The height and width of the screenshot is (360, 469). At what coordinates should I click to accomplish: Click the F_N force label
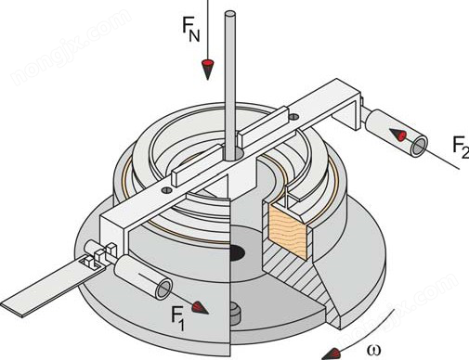coord(191,28)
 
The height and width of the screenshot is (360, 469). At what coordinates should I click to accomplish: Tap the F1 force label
coord(178,319)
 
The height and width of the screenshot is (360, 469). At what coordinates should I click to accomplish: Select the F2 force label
coord(461,148)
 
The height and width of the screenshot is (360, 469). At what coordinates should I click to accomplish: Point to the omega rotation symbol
coord(374,351)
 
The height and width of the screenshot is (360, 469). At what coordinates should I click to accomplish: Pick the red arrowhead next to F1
coord(200,308)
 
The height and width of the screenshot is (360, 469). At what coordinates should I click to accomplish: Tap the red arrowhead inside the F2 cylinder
coord(397,135)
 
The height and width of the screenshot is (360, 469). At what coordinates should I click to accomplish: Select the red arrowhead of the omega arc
coord(330,354)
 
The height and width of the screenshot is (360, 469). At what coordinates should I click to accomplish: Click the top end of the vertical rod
coord(230,14)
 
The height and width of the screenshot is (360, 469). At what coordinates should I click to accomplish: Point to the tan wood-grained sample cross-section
coord(288,229)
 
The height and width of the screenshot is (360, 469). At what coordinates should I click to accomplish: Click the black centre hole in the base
coord(238,252)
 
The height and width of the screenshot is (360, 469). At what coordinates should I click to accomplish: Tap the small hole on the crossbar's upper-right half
coord(294,117)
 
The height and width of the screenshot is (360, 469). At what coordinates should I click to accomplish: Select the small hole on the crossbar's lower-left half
coord(166,190)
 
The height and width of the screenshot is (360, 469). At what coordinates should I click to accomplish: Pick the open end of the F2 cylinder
coord(419,147)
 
